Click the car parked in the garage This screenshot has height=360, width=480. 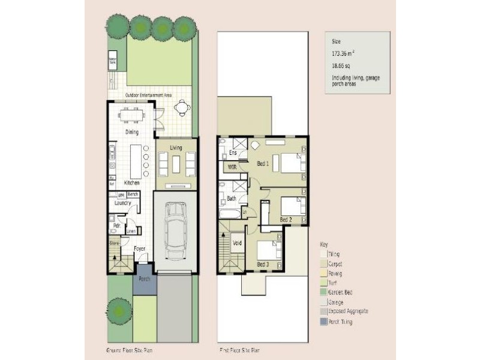pyautogui.click(x=175, y=231)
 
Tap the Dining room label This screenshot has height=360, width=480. pyautogui.click(x=132, y=132)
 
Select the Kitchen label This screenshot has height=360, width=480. pyautogui.click(x=132, y=182)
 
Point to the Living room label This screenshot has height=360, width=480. pyautogui.click(x=176, y=148)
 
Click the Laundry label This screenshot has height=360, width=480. pyautogui.click(x=122, y=203)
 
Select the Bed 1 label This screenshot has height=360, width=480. pyautogui.click(x=263, y=163)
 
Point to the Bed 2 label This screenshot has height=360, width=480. pyautogui.click(x=286, y=220)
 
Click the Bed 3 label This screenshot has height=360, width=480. pyautogui.click(x=263, y=264)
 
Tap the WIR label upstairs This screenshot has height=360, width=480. pyautogui.click(x=232, y=167)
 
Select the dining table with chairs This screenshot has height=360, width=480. pyautogui.click(x=131, y=114)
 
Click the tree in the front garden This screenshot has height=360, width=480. pyautogui.click(x=116, y=310)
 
